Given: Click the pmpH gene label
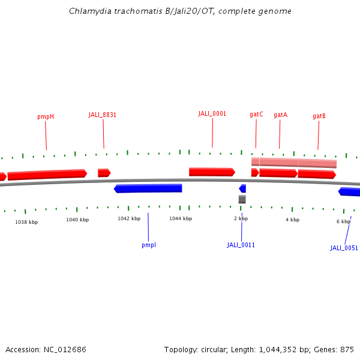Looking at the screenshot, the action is pyautogui.click(x=46, y=116).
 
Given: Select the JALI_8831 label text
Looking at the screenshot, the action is pyautogui.click(x=103, y=115).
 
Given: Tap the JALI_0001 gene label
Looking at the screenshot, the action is pyautogui.click(x=212, y=113).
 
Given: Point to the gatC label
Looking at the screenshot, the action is pyautogui.click(x=256, y=114).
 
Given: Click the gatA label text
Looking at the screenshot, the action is pyautogui.click(x=280, y=115).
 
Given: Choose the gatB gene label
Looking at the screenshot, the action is pyautogui.click(x=319, y=116).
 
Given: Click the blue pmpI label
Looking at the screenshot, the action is pyautogui.click(x=148, y=245).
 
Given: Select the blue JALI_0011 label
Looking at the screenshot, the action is pyautogui.click(x=241, y=245).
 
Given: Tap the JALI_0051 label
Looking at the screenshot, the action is pyautogui.click(x=344, y=248).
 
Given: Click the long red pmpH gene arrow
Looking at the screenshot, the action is pyautogui.click(x=47, y=175).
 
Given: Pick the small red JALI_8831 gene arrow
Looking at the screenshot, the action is pyautogui.click(x=104, y=173).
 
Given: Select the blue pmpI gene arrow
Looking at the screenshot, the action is pyautogui.click(x=148, y=188).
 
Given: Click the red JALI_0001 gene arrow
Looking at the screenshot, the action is pyautogui.click(x=211, y=172).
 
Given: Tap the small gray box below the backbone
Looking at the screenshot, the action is pyautogui.click(x=242, y=199).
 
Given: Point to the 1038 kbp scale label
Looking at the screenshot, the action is pyautogui.click(x=26, y=222).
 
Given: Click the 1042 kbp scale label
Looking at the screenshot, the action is pyautogui.click(x=128, y=219).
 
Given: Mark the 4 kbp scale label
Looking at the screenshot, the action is pyautogui.click(x=292, y=220).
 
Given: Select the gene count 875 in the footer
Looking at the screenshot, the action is pyautogui.click(x=346, y=349).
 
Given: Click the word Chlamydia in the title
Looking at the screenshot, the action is pyautogui.click(x=89, y=11).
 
